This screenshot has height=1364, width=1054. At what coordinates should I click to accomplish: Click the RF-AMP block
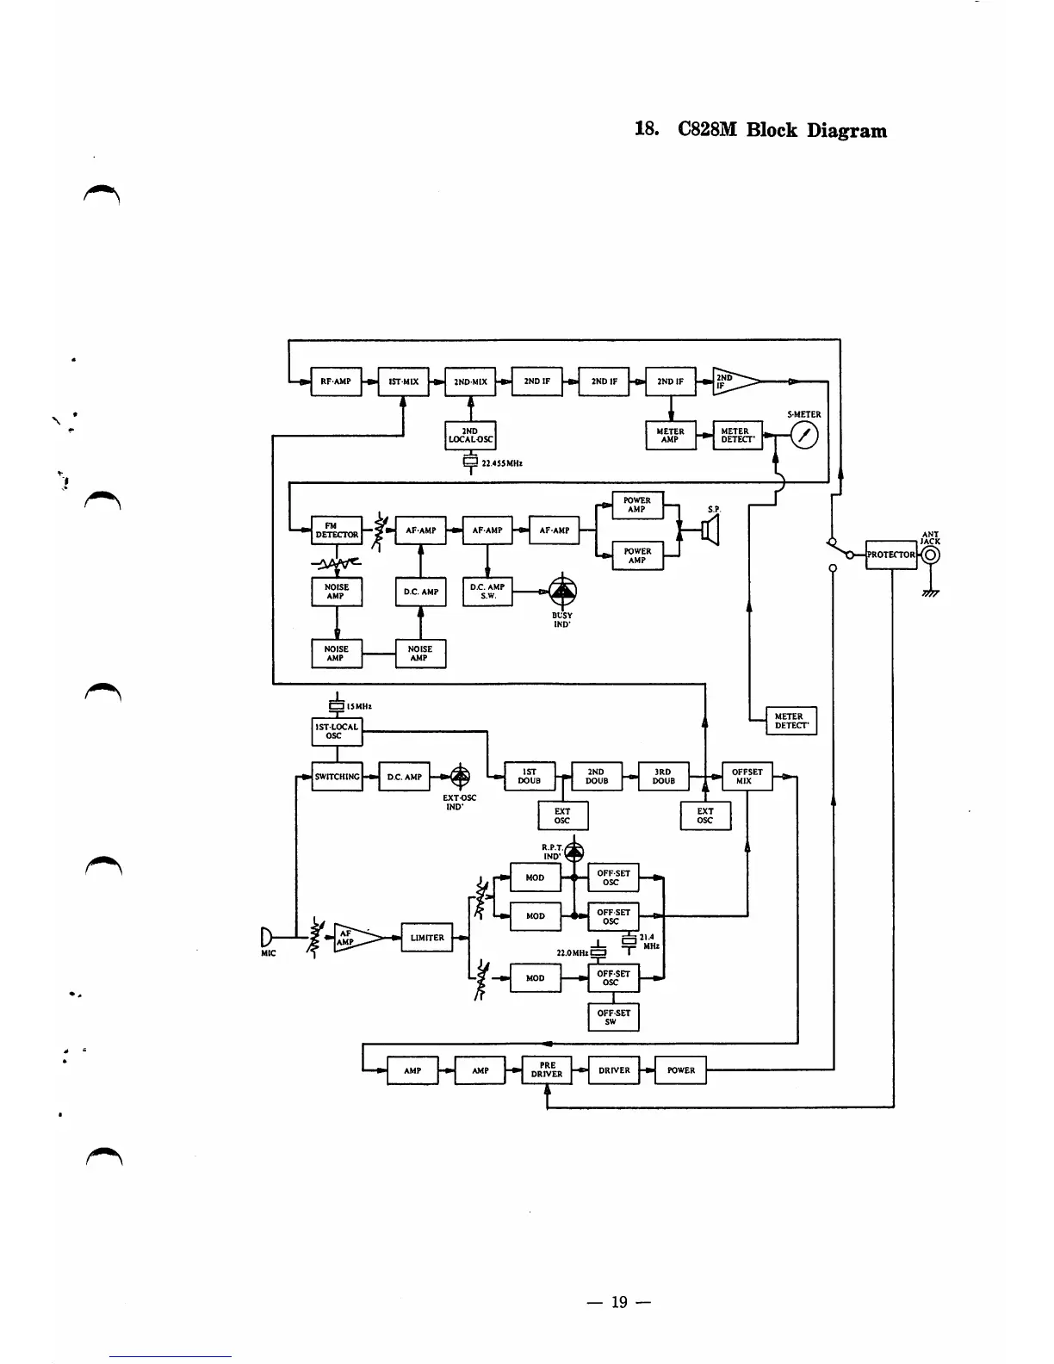tap(336, 381)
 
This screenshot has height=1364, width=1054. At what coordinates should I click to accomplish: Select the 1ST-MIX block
tap(403, 381)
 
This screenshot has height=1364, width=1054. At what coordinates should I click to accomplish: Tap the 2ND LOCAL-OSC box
tap(470, 436)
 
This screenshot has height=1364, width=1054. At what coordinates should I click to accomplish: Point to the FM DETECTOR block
tap(336, 530)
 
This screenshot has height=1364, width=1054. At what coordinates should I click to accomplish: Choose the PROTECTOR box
tap(891, 555)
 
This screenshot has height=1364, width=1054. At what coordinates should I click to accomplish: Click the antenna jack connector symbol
tap(930, 555)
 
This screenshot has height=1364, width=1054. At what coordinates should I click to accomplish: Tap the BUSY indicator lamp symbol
tap(563, 590)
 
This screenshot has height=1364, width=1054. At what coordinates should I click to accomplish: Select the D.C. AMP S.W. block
tap(487, 592)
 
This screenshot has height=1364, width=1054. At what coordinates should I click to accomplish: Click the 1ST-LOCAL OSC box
tap(336, 731)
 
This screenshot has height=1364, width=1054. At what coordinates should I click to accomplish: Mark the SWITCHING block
tap(337, 777)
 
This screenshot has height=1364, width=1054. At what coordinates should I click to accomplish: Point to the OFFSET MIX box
tap(747, 777)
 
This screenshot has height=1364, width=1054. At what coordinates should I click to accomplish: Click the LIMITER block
tap(427, 938)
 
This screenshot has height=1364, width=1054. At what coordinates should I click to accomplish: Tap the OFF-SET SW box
tap(613, 1017)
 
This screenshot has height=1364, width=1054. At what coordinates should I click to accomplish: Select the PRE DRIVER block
tap(547, 1070)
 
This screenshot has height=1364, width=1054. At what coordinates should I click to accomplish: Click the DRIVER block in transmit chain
tap(614, 1070)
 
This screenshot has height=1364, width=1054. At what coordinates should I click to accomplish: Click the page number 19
tap(619, 1302)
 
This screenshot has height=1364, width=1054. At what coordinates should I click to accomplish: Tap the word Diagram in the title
tap(846, 131)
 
